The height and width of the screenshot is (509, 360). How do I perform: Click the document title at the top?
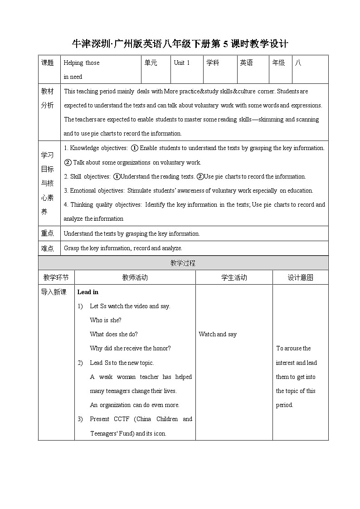coord(180,44)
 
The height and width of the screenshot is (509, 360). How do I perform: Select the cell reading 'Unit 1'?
coord(182,63)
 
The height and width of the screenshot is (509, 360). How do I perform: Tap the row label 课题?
coord(48,63)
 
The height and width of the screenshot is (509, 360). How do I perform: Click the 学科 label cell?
coord(213,63)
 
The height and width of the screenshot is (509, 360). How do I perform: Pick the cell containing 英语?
coord(246,63)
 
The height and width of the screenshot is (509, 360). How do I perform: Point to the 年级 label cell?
coord(278,63)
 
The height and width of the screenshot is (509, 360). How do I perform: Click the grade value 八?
coord(298,63)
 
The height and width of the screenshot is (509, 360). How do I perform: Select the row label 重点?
coord(48,233)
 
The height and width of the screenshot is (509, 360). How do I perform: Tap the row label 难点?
coord(48,248)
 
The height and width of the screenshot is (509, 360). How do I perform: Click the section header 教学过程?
coord(183,263)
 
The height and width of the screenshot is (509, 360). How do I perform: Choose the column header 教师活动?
coord(135,277)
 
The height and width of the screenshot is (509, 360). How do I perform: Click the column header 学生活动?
coord(234,277)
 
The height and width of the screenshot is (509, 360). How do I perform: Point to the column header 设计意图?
coord(300,277)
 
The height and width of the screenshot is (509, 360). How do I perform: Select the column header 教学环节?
coord(56,277)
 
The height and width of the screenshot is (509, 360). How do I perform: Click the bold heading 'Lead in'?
coord(88,292)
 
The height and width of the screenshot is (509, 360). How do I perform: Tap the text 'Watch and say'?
coord(218,334)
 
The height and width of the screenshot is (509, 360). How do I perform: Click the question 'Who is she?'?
coord(106,320)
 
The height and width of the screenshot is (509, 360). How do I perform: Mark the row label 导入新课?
coord(54,292)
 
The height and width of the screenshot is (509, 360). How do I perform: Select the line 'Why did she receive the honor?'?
coord(130,348)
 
